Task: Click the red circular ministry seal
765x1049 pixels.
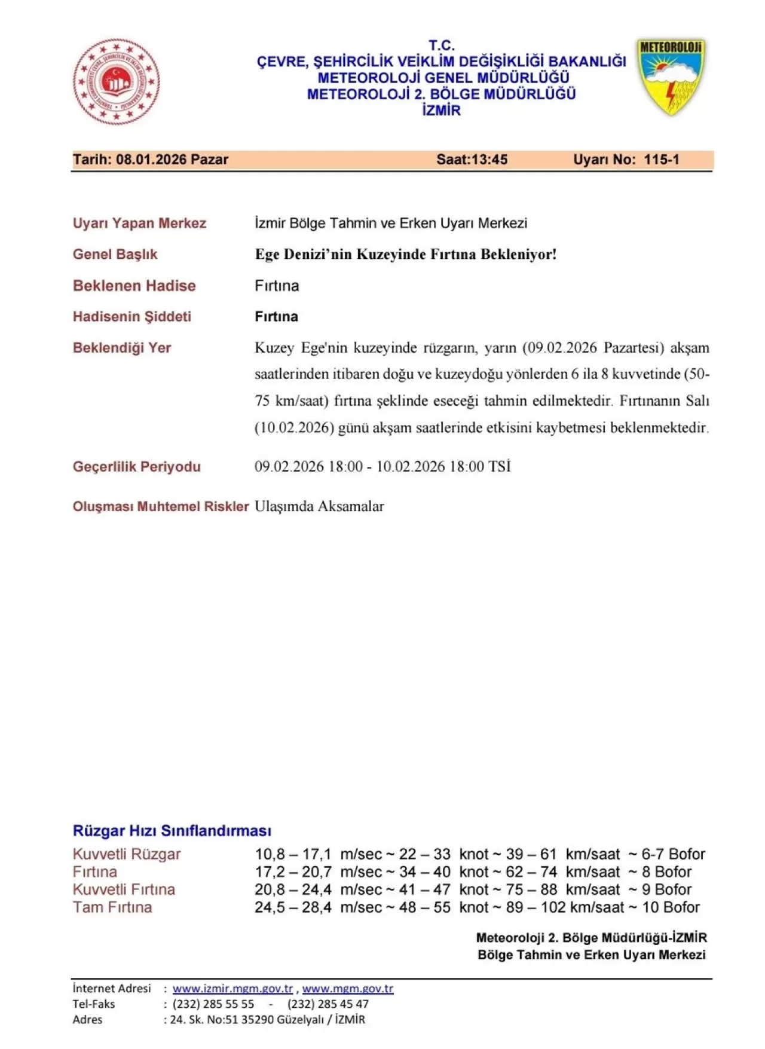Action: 117,82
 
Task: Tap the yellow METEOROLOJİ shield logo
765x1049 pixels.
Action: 671,76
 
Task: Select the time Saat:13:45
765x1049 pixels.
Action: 472,160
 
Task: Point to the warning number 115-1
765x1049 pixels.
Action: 661,160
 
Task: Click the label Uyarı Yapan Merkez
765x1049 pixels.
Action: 139,224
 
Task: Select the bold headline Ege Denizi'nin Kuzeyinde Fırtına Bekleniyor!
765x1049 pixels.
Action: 405,255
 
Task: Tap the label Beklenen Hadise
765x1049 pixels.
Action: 134,286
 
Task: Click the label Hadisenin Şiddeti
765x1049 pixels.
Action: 131,317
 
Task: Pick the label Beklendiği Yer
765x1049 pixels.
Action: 121,348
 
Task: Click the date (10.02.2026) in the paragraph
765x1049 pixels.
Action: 294,428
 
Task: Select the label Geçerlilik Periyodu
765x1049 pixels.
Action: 136,467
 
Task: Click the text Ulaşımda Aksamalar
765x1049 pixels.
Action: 319,506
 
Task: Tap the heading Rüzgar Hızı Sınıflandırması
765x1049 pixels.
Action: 172,831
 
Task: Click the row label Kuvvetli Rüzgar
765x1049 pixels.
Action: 126,854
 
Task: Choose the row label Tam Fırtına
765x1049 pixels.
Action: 112,907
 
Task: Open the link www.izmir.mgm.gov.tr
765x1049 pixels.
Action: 232,989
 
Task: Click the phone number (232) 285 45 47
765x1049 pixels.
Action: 328,1004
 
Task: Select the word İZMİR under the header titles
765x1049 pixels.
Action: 441,111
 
